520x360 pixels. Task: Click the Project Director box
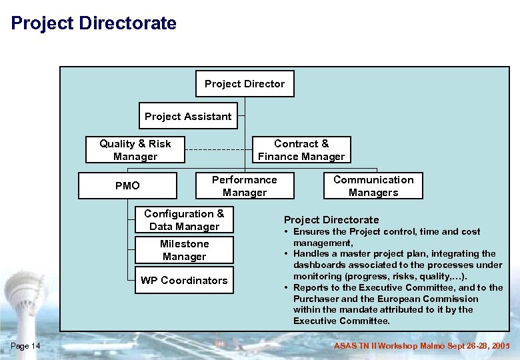(x=245, y=84)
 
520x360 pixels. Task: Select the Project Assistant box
(x=188, y=116)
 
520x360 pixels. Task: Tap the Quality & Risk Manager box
(x=135, y=150)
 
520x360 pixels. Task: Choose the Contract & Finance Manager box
(x=301, y=150)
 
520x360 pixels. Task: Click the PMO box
(x=127, y=186)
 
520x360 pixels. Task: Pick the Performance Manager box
(x=244, y=186)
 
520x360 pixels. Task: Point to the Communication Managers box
(x=373, y=186)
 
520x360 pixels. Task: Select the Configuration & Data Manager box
(x=184, y=220)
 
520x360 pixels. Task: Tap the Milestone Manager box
(x=184, y=250)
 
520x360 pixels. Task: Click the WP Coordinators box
(x=184, y=281)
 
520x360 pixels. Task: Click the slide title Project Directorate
(x=94, y=24)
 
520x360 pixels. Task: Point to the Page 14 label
(x=26, y=345)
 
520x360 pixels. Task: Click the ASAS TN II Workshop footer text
(x=421, y=345)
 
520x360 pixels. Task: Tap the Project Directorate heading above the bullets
(x=331, y=220)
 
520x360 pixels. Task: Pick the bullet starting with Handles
(x=393, y=265)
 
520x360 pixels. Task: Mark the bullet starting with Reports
(x=397, y=304)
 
